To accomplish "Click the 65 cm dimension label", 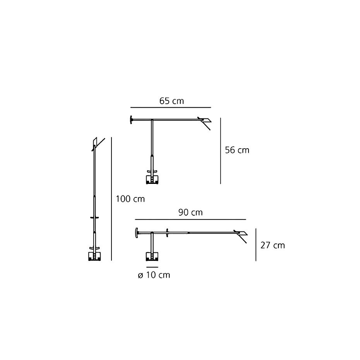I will [x=171, y=101].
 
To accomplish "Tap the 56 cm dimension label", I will [x=237, y=150].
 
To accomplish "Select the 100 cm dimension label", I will [x=130, y=199].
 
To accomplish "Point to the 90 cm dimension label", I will [x=190, y=213].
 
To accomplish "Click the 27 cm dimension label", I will [x=273, y=245].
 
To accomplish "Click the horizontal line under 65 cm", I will [x=171, y=107].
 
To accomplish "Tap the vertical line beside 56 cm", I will [x=221, y=151].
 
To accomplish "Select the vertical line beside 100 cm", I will [x=111, y=199].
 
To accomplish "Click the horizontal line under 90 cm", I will [x=190, y=219].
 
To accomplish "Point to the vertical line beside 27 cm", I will [x=256, y=245].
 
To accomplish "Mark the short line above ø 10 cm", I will [x=153, y=267].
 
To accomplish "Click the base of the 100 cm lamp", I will [x=94, y=256].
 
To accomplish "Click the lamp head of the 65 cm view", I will [x=204, y=122].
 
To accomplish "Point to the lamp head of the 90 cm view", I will [x=242, y=235].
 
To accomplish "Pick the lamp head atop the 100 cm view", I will [x=96, y=142].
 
